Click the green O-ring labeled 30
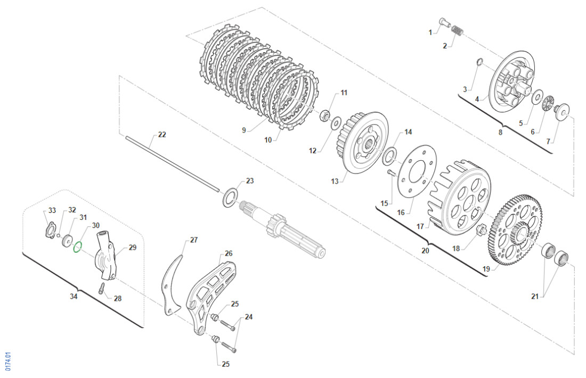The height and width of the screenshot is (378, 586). click(77, 246)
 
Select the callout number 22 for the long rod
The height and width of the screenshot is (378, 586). click(162, 135)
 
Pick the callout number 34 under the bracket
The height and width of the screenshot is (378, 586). click(74, 296)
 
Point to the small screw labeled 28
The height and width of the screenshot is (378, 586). click(101, 289)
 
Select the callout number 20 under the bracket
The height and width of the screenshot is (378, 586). click(425, 250)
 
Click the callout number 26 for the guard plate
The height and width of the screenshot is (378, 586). click(229, 253)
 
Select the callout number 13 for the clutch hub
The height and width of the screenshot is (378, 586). click(335, 182)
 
